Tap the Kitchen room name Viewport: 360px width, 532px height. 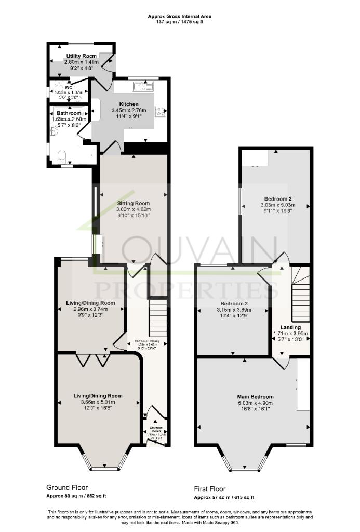[x=129, y=104]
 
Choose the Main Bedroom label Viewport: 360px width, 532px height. [x=255, y=396]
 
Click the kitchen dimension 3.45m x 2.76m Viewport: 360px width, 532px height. [x=129, y=111]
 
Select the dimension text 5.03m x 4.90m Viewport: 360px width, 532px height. [x=255, y=403]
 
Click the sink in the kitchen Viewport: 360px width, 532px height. [x=141, y=86]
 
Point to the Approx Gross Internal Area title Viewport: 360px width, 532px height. [x=180, y=17]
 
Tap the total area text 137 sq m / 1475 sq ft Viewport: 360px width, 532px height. [x=180, y=22]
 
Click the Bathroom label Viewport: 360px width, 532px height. [x=69, y=113]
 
